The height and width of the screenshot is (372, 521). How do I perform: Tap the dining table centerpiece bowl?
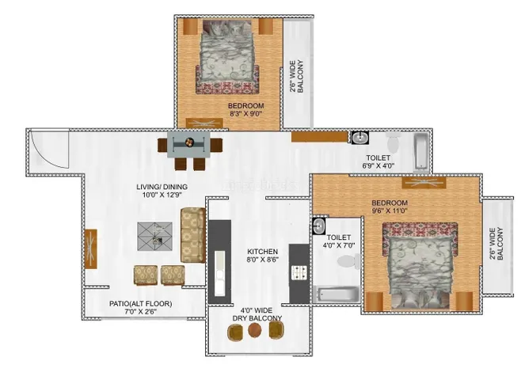(188, 142)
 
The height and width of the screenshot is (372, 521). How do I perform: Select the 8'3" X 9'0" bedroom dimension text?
(246, 114)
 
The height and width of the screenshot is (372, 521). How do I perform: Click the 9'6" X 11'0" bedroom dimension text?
(390, 211)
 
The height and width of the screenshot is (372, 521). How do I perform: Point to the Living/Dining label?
(162, 187)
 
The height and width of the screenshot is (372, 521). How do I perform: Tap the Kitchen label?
(263, 252)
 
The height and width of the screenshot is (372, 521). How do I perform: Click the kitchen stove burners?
(299, 272)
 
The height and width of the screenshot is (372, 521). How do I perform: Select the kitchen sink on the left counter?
(219, 273)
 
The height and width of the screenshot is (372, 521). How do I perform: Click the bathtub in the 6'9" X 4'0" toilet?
(421, 152)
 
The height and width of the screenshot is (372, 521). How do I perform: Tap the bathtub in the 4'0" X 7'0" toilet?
(337, 294)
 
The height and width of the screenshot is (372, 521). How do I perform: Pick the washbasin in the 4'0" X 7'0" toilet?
(319, 226)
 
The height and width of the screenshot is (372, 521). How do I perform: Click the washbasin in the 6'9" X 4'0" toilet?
(360, 138)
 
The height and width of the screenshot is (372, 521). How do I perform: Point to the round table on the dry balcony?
(254, 330)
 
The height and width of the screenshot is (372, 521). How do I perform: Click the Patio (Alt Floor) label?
(141, 304)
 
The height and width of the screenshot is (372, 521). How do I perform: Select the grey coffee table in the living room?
(155, 236)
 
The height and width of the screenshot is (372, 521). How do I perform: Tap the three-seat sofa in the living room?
(192, 235)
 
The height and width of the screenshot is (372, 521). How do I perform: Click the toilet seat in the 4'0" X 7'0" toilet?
(349, 262)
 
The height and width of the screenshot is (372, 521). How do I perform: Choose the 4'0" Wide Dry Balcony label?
(257, 314)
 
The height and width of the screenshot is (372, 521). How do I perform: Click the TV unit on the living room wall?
(91, 249)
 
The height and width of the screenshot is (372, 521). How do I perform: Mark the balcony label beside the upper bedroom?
(296, 77)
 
